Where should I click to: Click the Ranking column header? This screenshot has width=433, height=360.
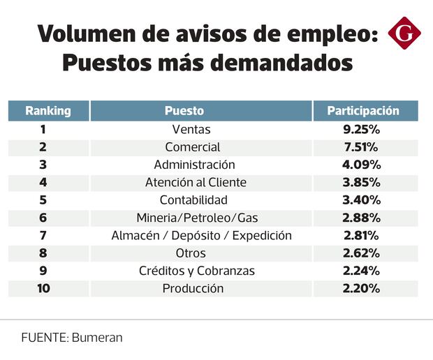[x=48, y=111]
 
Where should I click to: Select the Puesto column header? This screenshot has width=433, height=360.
[x=184, y=111]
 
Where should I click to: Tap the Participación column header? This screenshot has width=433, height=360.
[x=363, y=111]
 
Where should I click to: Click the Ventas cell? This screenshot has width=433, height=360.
[x=191, y=129]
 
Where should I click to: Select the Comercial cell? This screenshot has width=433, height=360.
[x=192, y=147]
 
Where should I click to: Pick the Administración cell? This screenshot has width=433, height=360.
[x=194, y=165]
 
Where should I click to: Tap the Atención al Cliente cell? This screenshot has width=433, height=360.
[x=196, y=183]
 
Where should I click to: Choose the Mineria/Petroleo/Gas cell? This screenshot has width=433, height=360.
[x=197, y=218]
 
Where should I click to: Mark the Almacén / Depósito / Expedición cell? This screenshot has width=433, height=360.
[x=201, y=235]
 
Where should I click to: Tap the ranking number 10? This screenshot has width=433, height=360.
[x=43, y=288]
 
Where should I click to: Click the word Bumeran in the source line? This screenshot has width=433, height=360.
[x=96, y=337]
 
